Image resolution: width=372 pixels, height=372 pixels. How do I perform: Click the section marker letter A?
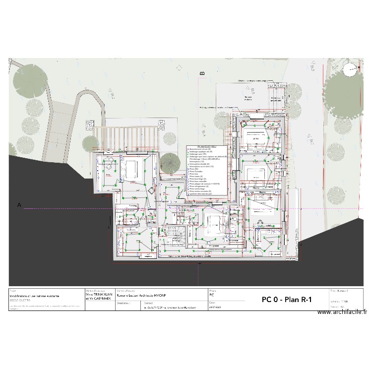coord(19,204)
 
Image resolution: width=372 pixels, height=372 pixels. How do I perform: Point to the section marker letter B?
coord(202,73)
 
